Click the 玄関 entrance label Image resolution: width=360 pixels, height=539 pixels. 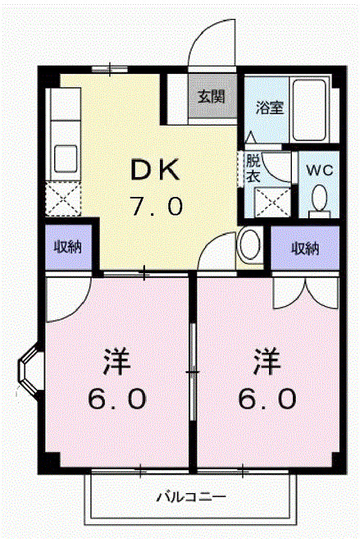212,97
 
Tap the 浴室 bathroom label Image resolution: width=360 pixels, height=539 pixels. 270,107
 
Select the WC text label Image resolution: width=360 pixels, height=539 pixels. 320,170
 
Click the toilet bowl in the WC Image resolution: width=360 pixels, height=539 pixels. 320,198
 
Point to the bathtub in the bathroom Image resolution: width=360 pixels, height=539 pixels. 309,110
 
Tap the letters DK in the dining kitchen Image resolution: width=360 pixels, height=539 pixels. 156,170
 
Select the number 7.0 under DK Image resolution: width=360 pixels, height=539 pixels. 157,206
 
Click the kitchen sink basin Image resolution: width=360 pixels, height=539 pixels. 66,158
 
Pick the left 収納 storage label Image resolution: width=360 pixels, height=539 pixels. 68,247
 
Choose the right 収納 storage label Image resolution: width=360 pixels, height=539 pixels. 305,249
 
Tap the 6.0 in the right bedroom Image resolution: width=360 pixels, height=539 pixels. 267,399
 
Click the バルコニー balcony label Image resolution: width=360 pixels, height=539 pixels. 191,497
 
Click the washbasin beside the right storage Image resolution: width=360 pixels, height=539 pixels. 250,244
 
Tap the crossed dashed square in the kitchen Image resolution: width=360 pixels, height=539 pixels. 63,199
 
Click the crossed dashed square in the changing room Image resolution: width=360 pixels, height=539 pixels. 273,203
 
